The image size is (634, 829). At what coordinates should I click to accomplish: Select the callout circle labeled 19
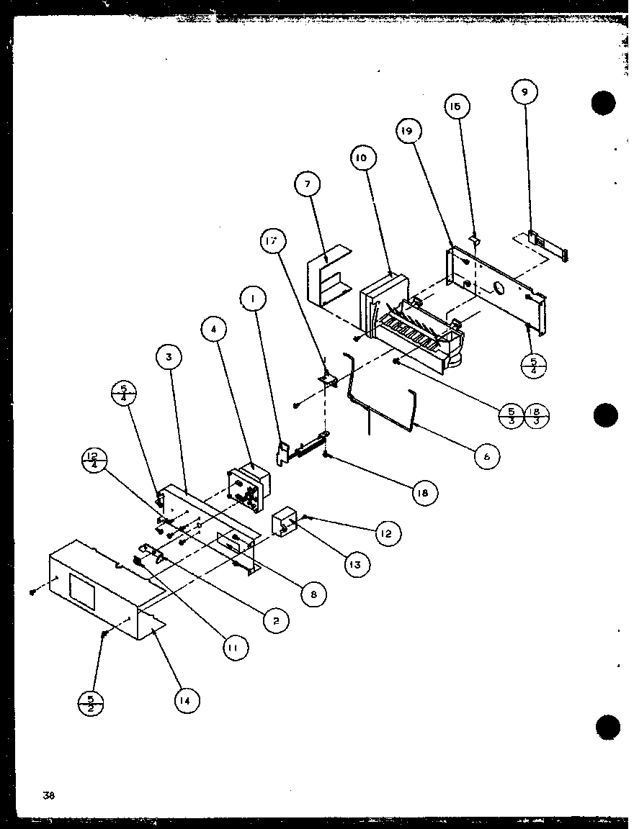[x=408, y=131]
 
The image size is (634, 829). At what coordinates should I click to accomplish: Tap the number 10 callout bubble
[x=361, y=158]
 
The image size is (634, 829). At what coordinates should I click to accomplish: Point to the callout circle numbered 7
[x=308, y=185]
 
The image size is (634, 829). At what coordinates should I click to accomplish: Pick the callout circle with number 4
[x=214, y=329]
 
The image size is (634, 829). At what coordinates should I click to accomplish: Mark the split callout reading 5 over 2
[x=91, y=702]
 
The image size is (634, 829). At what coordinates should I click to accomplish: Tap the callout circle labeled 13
[x=356, y=565]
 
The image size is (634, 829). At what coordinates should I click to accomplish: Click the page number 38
[x=48, y=795]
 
